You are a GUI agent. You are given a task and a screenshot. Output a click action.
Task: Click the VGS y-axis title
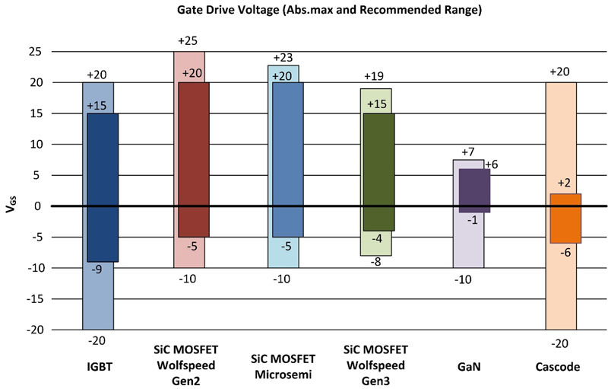tap(10, 206)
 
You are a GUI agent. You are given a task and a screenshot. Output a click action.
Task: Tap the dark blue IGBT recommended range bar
tap(103, 187)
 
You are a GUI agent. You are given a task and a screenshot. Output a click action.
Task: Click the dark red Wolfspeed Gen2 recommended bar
tap(194, 159)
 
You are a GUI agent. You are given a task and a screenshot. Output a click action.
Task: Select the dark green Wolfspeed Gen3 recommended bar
tap(378, 171)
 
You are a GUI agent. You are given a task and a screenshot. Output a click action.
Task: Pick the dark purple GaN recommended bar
tap(474, 190)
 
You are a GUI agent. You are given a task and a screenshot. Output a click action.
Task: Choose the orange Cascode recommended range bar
tap(566, 218)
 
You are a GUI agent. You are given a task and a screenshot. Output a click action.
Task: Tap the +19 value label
tap(375, 77)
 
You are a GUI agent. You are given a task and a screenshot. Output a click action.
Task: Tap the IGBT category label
tap(97, 366)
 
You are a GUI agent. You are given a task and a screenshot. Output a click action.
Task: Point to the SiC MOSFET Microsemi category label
tap(283, 366)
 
